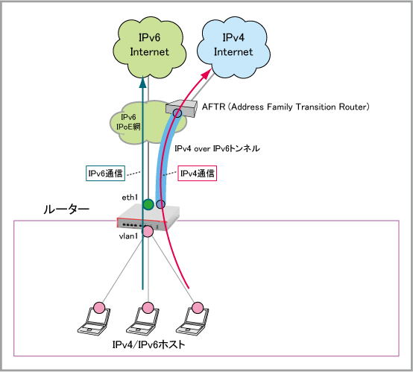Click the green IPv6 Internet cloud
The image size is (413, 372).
pos(150,48)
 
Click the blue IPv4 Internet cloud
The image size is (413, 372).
pos(233,48)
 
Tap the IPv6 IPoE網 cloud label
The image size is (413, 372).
pos(128,122)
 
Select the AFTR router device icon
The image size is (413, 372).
pos(181,109)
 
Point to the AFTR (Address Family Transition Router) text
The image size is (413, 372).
pos(286,107)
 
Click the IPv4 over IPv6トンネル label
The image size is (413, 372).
pos(217,148)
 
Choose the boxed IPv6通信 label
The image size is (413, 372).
pos(105,174)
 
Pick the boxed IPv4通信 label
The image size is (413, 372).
pos(198,174)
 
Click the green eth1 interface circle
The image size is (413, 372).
pos(148,204)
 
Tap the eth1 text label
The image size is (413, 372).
pos(130,198)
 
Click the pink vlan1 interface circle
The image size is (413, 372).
pos(148,231)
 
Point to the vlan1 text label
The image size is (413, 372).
pos(128,236)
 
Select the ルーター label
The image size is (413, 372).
pos(66,209)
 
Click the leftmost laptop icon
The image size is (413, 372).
pos(94,321)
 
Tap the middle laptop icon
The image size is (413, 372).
pos(143,321)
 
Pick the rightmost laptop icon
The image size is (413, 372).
pos(192,321)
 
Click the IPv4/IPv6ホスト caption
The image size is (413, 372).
pos(148,344)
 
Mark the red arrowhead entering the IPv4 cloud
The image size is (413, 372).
pos(207,73)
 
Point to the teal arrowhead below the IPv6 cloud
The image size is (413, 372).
pos(142,82)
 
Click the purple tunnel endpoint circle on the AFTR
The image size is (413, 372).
pos(177,113)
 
